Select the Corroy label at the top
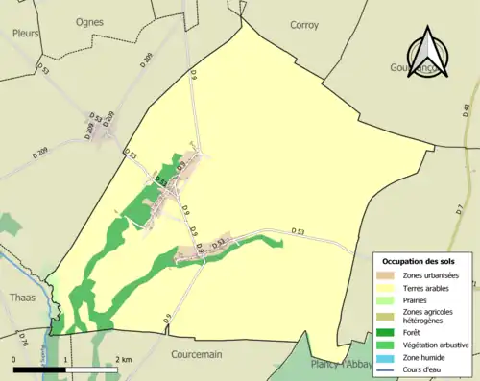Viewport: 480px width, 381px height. tap(304, 25)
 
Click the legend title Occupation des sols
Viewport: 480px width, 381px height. tap(420, 261)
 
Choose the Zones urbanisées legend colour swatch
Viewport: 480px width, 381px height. tap(388, 276)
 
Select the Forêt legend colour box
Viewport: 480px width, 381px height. tap(388, 333)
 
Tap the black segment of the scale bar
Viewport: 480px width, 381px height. tap(39, 368)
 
